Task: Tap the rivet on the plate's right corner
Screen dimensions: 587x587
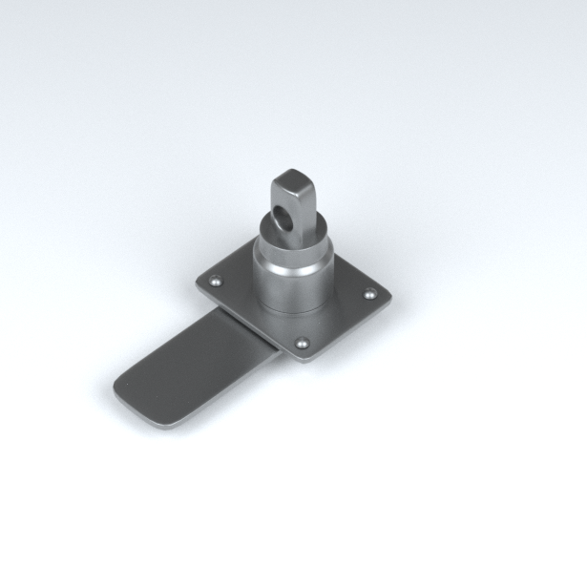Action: point(370,295)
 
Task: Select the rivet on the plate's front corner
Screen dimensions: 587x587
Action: point(304,342)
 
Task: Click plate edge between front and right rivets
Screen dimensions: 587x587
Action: point(344,329)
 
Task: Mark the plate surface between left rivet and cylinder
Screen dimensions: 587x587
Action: point(235,286)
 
